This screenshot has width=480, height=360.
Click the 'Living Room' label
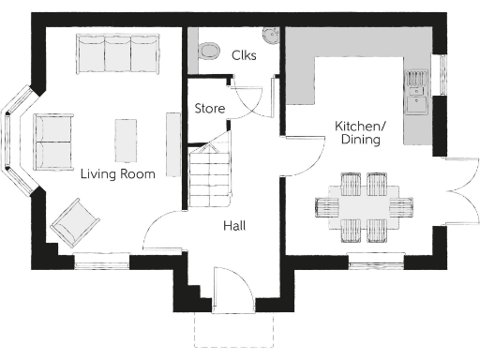click(116, 173)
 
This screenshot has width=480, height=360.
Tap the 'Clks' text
click(244, 55)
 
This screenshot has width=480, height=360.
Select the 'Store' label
click(209, 109)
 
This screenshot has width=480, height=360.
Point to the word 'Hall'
click(234, 226)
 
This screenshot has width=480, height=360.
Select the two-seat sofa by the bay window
click(54, 142)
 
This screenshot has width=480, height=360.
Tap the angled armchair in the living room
click(75, 224)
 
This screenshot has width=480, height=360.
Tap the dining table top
click(365, 204)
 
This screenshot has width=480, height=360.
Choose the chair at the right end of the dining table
click(406, 204)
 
